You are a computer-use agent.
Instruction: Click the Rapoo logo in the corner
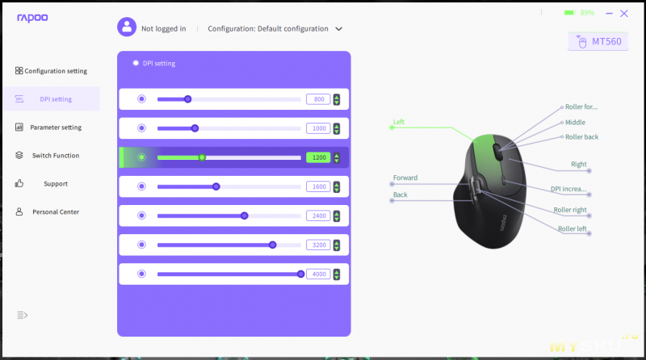32,18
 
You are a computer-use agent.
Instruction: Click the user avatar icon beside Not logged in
127,27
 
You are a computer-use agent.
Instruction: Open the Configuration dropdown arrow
338,29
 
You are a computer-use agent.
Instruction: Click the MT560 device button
598,42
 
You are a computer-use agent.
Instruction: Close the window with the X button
624,14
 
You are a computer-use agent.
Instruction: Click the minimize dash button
609,14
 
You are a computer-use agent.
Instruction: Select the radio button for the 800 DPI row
142,98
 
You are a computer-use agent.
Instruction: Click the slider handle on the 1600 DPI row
216,186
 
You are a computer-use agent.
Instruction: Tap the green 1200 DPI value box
318,157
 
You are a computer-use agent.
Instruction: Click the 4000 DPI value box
318,274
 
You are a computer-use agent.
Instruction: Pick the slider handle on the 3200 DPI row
272,245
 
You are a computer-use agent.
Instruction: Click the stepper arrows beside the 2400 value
337,216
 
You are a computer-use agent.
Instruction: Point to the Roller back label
581,136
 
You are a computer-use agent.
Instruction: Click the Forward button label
405,178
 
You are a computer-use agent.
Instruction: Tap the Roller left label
573,228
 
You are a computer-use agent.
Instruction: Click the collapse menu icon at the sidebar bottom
23,315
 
